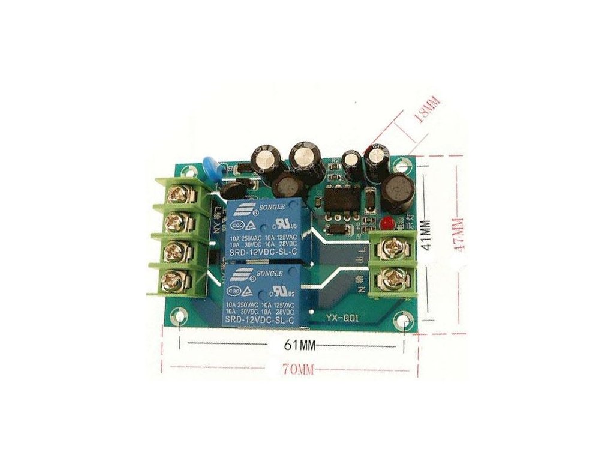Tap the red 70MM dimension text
(x=297, y=370)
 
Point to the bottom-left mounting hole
(x=180, y=316)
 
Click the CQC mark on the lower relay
(x=234, y=290)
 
